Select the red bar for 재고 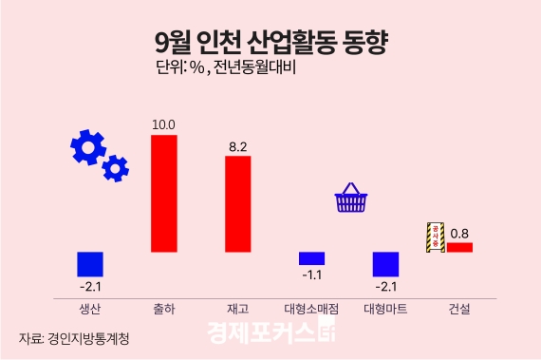point(237,203)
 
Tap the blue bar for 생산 point(90,263)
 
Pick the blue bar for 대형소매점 point(311,258)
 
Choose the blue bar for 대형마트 point(385,263)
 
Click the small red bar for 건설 point(459,247)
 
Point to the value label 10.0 point(164,124)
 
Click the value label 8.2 point(237,146)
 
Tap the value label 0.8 point(459,233)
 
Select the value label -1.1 point(310,275)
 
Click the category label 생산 point(90,309)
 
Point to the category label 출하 point(164,309)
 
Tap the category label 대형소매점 point(311,309)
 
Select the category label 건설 point(459,309)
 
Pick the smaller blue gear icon point(116,168)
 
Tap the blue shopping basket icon point(350,199)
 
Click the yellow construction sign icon point(435,237)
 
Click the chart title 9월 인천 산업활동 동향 point(270,43)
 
